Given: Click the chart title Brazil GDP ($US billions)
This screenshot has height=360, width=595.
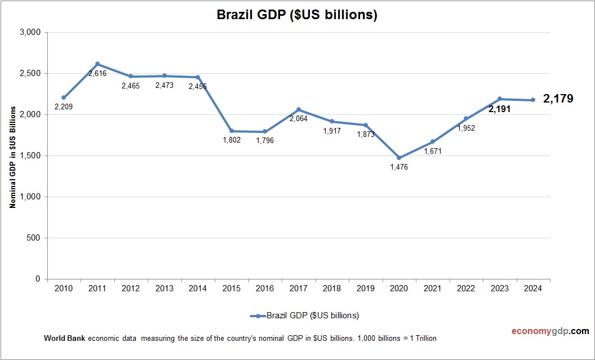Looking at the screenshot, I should [x=297, y=16].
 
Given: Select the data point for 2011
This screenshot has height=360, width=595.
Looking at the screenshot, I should [x=97, y=64].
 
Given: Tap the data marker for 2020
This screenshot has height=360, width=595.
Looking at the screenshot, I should [x=399, y=158].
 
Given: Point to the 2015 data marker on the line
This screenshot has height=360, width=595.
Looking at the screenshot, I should [x=232, y=131].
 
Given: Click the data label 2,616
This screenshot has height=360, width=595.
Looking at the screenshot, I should [x=97, y=74].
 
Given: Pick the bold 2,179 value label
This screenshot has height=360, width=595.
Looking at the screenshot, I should [x=558, y=99].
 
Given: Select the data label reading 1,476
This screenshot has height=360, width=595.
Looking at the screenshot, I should [x=398, y=167].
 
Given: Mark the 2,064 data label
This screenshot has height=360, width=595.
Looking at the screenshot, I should [x=299, y=119].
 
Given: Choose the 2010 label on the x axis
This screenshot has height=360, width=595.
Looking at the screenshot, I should [x=64, y=288].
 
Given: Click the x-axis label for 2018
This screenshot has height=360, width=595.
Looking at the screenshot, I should [x=332, y=288].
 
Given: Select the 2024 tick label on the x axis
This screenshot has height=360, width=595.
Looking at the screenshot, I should [x=533, y=288].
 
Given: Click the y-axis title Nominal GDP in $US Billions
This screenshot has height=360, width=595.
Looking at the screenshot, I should [x=12, y=155].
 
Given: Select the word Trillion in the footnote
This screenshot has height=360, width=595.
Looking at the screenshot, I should [x=424, y=339].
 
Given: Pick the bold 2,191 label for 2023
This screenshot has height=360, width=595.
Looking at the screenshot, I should [x=499, y=109].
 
